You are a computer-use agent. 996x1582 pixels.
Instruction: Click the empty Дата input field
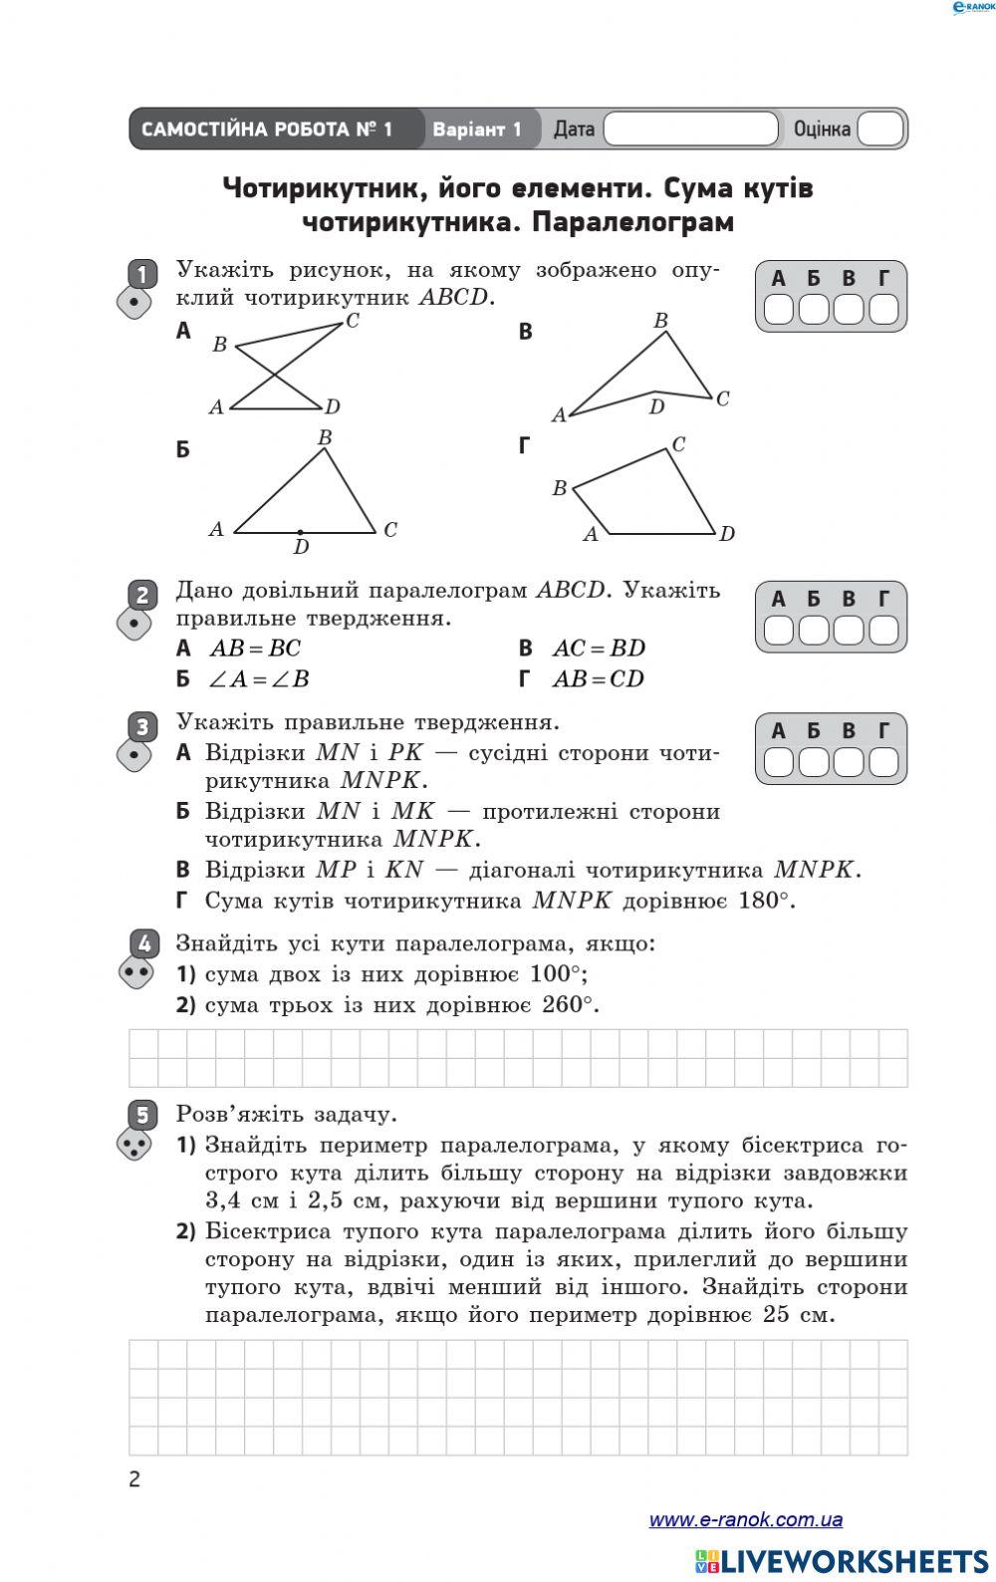tap(690, 130)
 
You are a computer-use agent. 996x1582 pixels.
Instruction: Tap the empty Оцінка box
tap(879, 130)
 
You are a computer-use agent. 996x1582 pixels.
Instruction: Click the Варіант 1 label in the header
tap(476, 130)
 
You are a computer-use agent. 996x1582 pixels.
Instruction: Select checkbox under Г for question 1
tap(883, 310)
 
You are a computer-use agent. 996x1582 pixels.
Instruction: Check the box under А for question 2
tap(779, 631)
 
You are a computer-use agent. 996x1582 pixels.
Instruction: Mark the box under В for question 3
tap(849, 762)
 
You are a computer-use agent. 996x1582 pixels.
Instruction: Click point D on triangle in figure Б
tap(300, 533)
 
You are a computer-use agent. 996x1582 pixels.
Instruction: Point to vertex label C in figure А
tap(352, 321)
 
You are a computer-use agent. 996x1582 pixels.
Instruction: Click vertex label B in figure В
tap(660, 321)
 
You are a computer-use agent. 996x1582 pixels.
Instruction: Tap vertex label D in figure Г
tap(727, 534)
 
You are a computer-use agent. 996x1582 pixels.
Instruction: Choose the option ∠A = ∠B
tap(258, 679)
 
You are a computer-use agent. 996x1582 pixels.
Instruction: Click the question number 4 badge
tap(144, 942)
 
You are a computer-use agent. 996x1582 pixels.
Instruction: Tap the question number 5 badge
tap(143, 1114)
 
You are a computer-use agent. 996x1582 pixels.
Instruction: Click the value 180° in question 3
tap(765, 901)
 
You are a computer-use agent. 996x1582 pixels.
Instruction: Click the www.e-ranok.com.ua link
tap(745, 1520)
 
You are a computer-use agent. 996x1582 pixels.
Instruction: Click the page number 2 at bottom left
tap(134, 1479)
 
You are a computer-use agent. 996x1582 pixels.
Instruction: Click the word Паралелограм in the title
tap(632, 222)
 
